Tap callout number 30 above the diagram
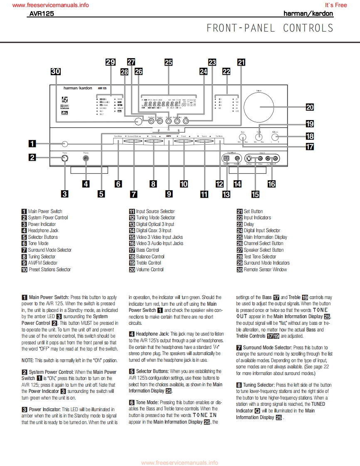pyautogui.click(x=55, y=71)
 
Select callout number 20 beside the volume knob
pyautogui.click(x=310, y=107)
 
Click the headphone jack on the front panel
pyautogui.click(x=86, y=158)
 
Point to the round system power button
pyautogui.click(x=64, y=158)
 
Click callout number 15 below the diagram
pyautogui.click(x=255, y=194)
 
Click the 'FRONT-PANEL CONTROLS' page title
pyautogui.click(x=270, y=28)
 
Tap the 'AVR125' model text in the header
pyautogui.click(x=42, y=14)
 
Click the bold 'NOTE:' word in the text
pyautogui.click(x=28, y=360)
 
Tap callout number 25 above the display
pyautogui.click(x=168, y=62)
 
